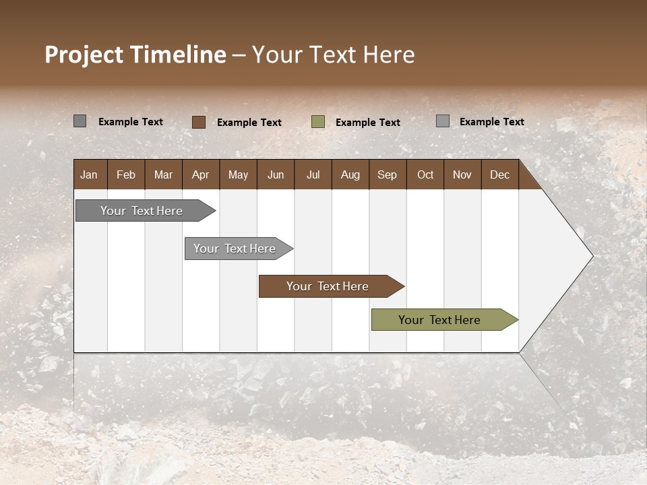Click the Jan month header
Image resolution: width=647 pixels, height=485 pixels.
coord(89,174)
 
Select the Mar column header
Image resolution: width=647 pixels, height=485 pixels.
coord(163,174)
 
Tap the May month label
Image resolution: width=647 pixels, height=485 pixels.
coord(238,174)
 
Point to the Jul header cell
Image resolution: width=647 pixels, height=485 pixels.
coord(313,174)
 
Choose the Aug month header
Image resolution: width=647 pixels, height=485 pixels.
coord(350,174)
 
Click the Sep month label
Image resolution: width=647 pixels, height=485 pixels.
coord(387,174)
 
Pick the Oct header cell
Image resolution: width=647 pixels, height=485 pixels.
coord(425,174)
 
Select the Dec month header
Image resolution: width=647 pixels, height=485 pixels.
coord(499,174)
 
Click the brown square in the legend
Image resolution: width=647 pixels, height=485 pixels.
coord(199,122)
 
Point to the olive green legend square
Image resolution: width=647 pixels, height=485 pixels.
coord(318,122)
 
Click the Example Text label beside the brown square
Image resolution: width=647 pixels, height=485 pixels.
coord(249,123)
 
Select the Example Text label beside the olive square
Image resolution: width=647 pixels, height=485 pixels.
coord(368,123)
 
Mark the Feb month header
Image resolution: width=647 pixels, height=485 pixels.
coord(126,174)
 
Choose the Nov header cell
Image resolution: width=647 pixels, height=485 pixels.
coord(462,174)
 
